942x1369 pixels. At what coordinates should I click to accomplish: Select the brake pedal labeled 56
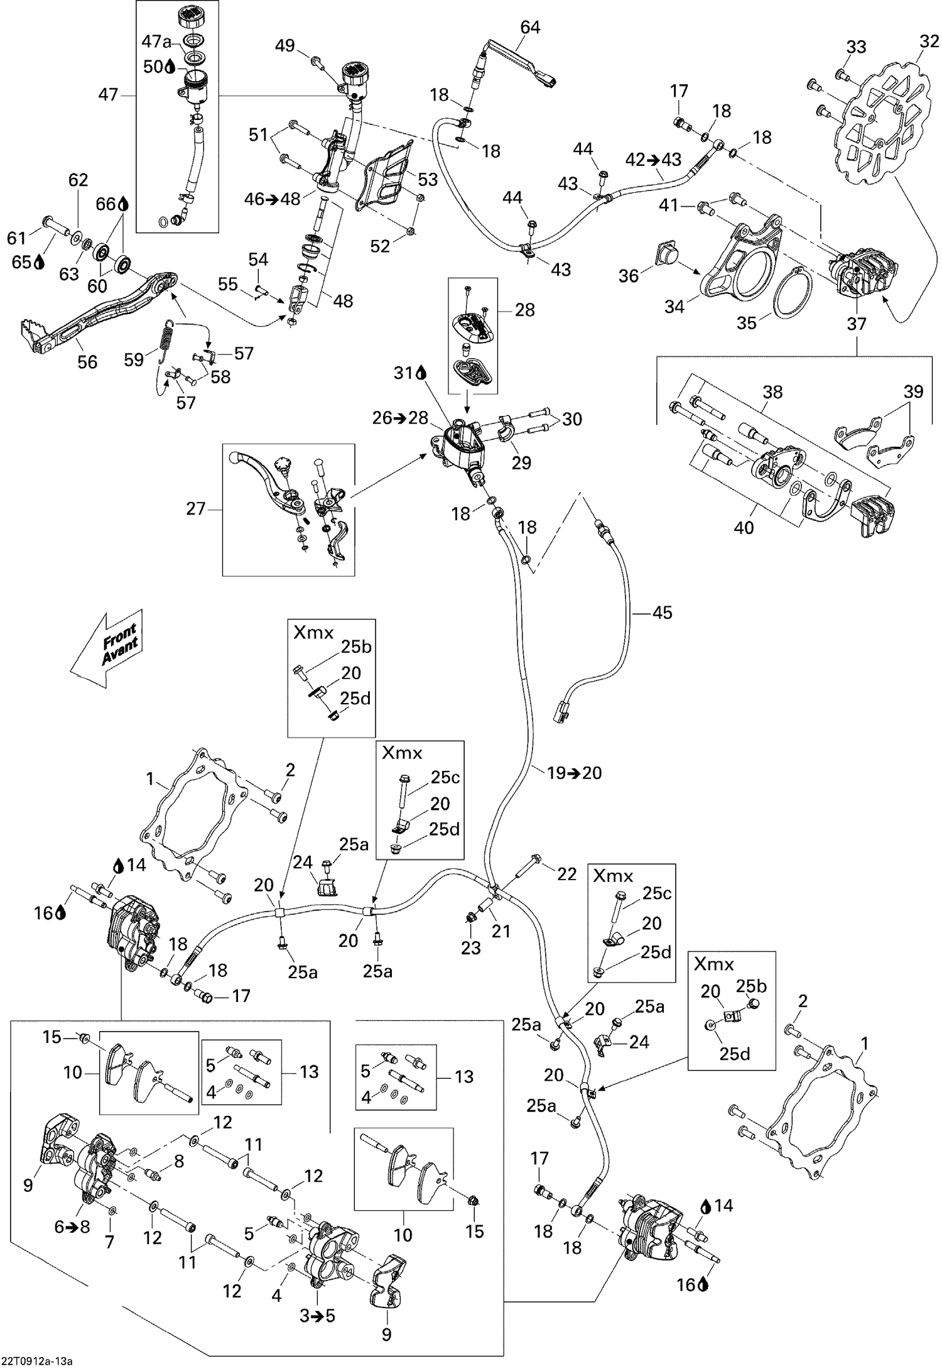94,314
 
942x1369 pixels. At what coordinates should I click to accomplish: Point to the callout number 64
530,27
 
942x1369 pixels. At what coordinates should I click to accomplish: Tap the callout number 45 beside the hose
662,612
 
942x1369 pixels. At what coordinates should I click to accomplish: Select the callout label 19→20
574,773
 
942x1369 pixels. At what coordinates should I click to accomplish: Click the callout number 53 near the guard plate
428,180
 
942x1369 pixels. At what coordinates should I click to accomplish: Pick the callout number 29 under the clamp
521,462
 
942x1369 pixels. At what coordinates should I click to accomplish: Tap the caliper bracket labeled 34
741,264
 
